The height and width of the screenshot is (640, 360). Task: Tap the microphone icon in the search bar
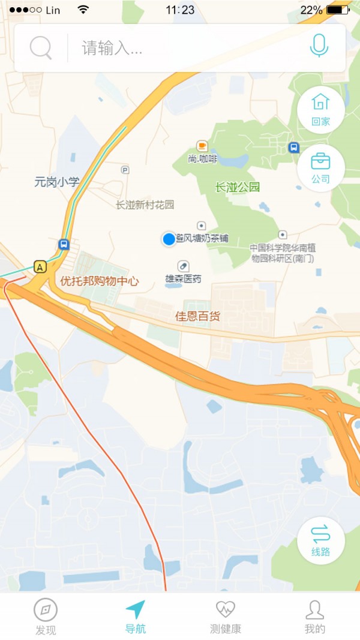coord(319,46)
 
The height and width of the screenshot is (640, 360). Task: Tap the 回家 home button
coord(321,109)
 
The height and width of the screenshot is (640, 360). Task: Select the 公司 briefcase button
coord(320,168)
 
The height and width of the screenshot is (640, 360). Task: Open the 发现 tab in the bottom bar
coord(46,617)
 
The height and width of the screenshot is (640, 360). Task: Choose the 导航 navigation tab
coord(136,617)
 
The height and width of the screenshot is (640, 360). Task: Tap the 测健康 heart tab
coord(226,617)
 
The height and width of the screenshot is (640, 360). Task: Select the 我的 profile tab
coord(314,617)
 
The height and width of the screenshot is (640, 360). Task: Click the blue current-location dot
coord(169,239)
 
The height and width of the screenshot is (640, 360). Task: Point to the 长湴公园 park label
coord(238,187)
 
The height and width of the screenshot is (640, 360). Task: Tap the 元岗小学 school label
coord(56,182)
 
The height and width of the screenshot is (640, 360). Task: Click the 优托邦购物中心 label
coord(100,281)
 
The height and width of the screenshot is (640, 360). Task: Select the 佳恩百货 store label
coord(197,316)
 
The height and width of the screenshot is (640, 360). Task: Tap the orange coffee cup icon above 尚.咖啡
coord(202,146)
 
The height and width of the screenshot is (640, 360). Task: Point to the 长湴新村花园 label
coord(145,205)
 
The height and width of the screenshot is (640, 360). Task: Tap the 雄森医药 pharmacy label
coord(183,279)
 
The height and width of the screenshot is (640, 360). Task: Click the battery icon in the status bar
coord(338,10)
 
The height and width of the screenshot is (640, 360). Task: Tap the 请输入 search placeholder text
coord(112,48)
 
